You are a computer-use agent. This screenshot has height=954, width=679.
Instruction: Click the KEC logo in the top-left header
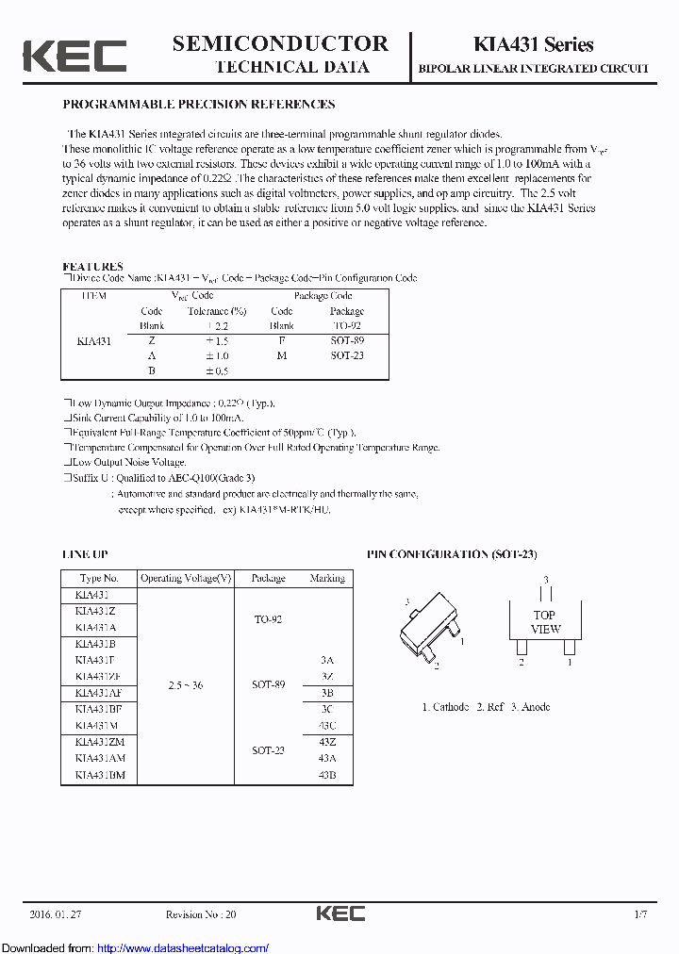75,56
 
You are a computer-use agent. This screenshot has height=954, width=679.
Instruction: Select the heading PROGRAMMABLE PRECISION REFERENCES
199,105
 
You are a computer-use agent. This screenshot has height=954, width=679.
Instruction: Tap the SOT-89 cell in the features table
347,339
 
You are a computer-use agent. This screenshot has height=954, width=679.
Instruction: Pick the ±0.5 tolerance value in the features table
217,371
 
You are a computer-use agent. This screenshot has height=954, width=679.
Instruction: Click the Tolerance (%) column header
216,311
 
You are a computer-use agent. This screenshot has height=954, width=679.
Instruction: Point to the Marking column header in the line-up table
327,578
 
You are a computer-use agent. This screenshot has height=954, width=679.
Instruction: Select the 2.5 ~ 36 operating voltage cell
185,684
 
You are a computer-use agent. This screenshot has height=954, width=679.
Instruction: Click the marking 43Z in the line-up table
327,742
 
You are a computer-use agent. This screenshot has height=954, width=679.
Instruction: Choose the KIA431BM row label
99,775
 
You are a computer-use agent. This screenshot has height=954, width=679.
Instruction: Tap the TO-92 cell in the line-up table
268,619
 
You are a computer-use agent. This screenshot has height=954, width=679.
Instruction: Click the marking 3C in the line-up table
327,709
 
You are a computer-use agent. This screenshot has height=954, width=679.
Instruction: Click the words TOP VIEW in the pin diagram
545,622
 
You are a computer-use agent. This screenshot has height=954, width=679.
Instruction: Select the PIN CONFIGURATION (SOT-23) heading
452,554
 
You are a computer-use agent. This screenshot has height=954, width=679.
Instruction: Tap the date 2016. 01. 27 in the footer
55,914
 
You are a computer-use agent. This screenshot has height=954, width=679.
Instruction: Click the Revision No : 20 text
201,914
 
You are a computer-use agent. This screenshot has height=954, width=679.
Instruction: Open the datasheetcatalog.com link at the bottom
183,947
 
